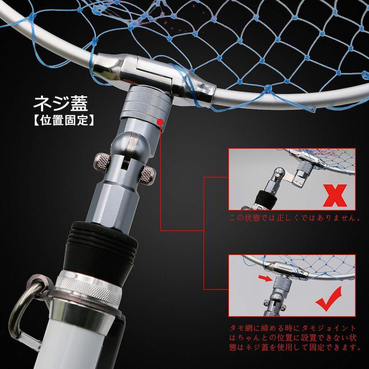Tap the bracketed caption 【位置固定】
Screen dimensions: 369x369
tap(64, 121)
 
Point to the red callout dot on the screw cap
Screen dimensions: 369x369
tap(160, 122)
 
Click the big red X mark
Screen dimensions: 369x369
tap(335, 196)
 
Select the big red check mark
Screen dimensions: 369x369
tap(329, 298)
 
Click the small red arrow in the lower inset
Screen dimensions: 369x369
tap(265, 278)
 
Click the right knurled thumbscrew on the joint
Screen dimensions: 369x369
tap(148, 175)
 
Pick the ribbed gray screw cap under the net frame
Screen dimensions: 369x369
tap(146, 103)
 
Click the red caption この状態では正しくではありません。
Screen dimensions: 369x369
tap(295, 218)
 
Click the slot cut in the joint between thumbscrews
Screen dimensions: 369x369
tap(125, 163)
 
